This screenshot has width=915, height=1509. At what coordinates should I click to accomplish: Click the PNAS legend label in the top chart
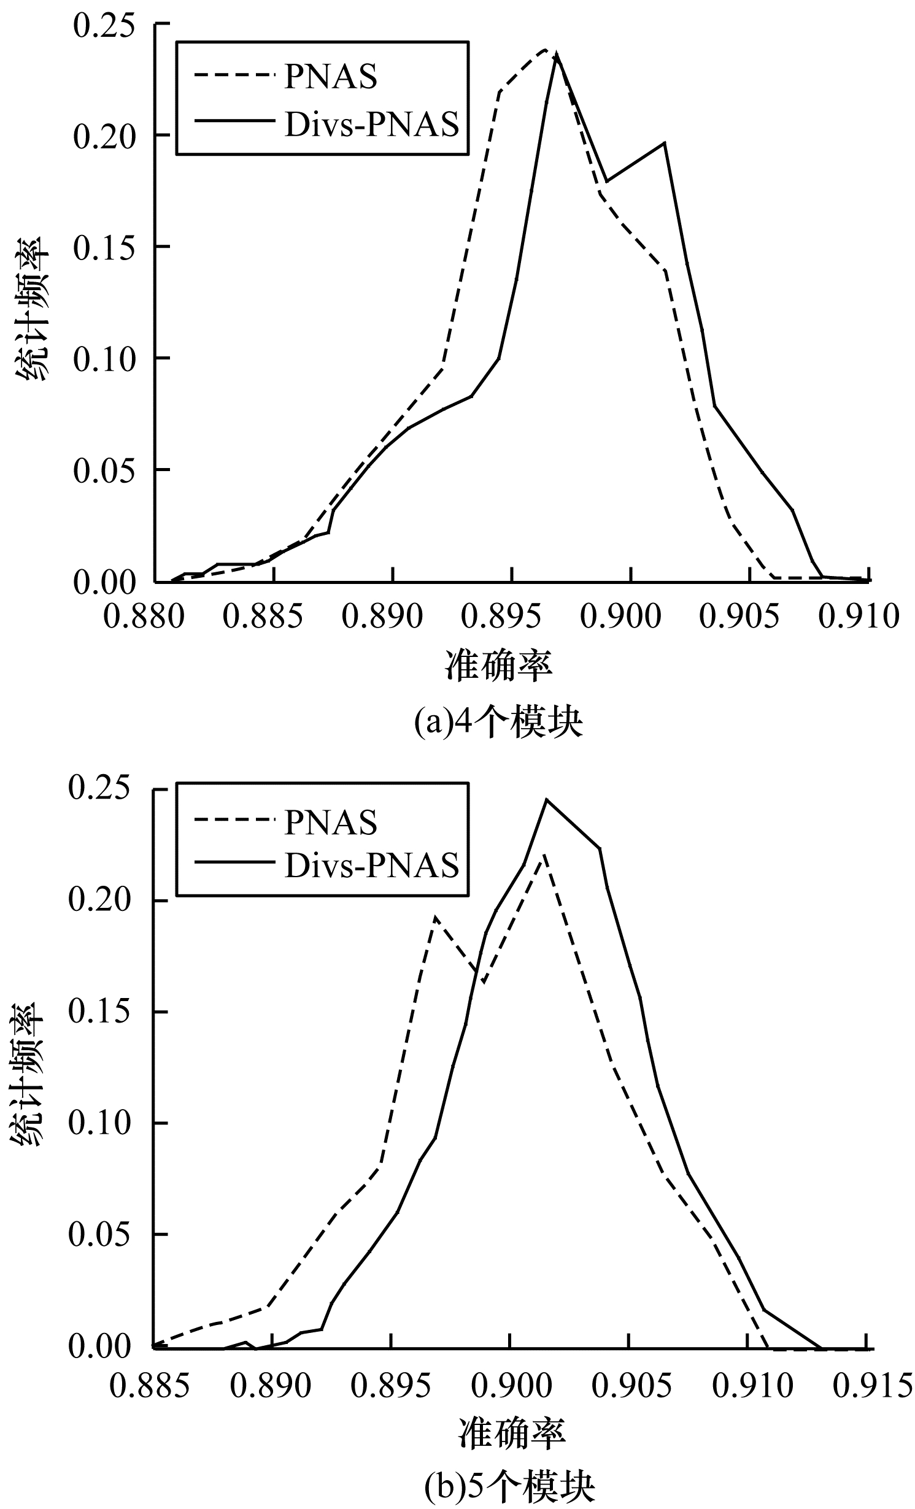point(330,78)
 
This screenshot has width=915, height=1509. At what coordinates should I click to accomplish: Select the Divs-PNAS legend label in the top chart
point(372,125)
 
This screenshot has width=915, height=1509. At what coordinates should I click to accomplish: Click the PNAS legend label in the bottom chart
point(330,823)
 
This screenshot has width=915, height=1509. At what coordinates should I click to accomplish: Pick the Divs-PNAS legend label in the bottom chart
point(372,865)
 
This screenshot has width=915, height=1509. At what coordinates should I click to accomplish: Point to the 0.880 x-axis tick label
point(144,616)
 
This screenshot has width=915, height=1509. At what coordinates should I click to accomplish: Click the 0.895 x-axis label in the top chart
point(502,616)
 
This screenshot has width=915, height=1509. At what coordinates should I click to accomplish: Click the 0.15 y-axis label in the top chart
point(104,247)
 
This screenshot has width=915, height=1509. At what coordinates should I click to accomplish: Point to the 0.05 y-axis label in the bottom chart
point(99,1235)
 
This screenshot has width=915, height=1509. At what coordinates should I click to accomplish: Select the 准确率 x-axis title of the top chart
point(498,666)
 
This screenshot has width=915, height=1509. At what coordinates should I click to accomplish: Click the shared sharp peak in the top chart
point(556,53)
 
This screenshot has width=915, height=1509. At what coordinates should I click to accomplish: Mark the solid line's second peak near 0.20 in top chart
point(665,143)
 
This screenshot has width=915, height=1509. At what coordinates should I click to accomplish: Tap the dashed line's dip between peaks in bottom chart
point(484,982)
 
